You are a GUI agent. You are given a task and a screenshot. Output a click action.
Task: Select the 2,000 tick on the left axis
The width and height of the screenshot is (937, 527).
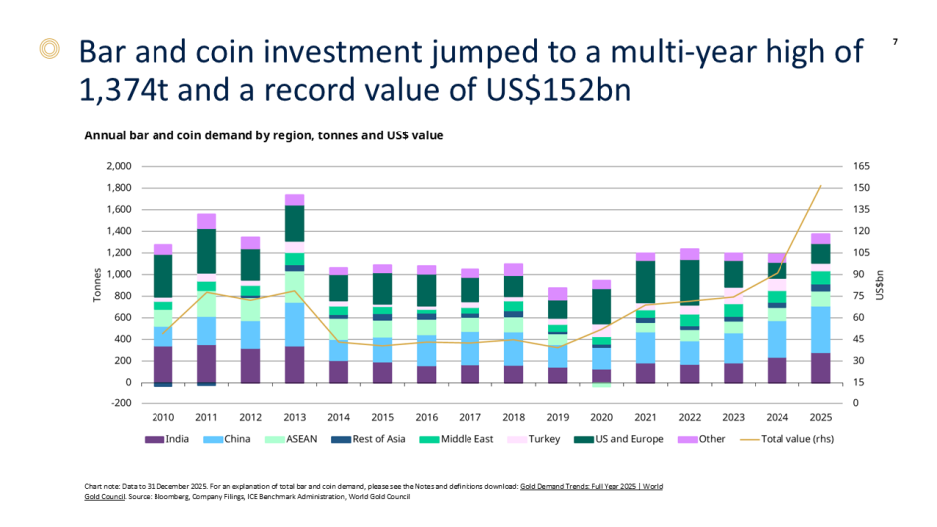click(118, 166)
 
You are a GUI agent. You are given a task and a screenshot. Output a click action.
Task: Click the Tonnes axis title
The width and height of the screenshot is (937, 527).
click(97, 285)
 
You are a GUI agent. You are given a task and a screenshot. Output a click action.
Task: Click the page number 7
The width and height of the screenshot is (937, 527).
click(895, 42)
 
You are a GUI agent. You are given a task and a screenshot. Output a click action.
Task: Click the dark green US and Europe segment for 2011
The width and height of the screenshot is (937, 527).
click(206, 251)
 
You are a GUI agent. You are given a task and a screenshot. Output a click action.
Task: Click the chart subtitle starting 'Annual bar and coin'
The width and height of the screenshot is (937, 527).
click(263, 134)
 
